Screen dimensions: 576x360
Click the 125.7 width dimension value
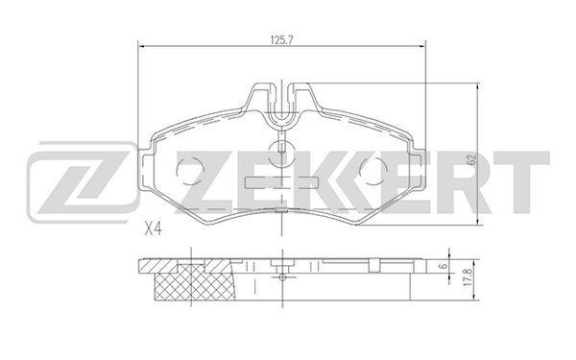click(281, 40)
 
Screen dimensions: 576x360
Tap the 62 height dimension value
click(471, 159)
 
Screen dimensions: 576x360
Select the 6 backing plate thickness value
click(444, 266)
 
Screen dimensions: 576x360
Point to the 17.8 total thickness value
click(467, 279)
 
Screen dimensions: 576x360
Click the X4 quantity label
click(153, 229)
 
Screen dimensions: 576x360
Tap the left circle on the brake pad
click(189, 171)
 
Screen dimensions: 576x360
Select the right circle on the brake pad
click(373, 171)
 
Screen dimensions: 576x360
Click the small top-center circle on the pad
click(281, 153)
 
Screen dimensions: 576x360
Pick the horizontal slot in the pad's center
click(281, 182)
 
